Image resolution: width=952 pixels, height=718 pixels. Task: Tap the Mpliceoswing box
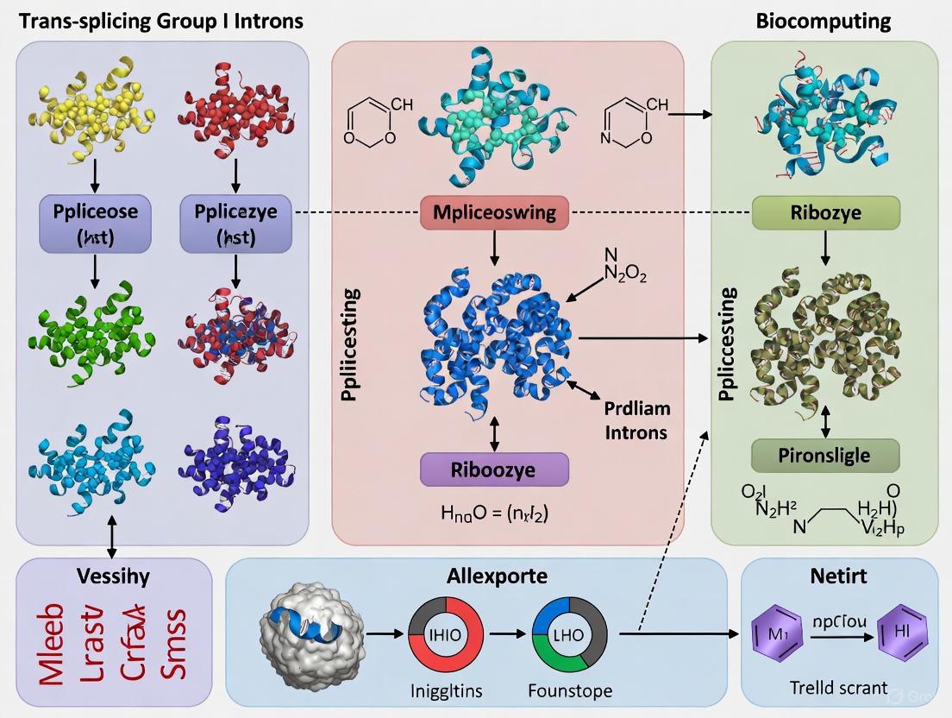click(x=494, y=212)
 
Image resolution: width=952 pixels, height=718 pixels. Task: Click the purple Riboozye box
click(x=494, y=469)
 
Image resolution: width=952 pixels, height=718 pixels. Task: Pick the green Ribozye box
click(x=825, y=212)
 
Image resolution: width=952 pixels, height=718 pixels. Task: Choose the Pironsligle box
click(x=825, y=455)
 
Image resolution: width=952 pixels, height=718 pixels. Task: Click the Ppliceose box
click(x=95, y=221)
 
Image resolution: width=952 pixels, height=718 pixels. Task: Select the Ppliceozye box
click(x=235, y=221)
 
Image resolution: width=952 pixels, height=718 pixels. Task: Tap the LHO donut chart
click(x=568, y=633)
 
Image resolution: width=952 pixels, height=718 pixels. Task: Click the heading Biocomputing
click(x=823, y=20)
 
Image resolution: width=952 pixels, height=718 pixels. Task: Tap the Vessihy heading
click(x=113, y=576)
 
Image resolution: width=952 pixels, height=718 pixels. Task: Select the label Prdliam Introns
click(x=636, y=419)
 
